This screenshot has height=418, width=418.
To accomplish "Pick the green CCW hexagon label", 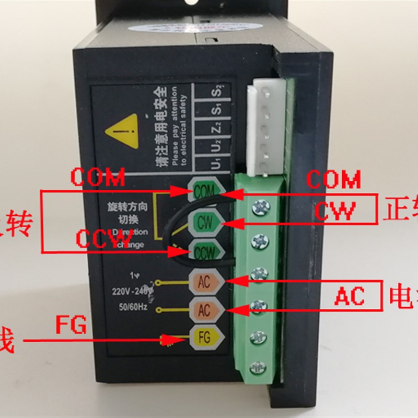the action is click(x=204, y=252).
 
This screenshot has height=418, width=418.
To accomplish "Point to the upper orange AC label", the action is click(x=204, y=282).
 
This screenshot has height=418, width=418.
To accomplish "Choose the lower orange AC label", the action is click(x=204, y=309).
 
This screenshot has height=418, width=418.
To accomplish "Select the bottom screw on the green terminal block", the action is click(x=257, y=367).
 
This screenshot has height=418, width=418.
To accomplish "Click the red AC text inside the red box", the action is click(x=350, y=297).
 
